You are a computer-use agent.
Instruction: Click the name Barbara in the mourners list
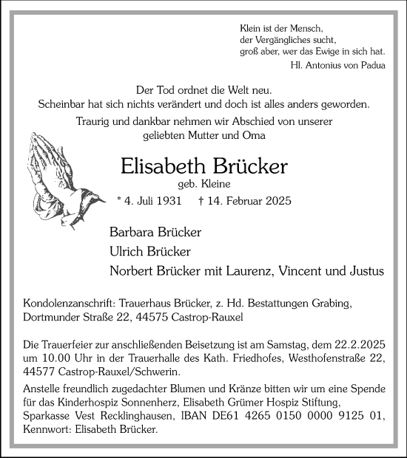point(134,232)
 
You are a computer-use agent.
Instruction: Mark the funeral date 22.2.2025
point(358,345)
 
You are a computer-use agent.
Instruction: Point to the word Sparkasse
point(48,415)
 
